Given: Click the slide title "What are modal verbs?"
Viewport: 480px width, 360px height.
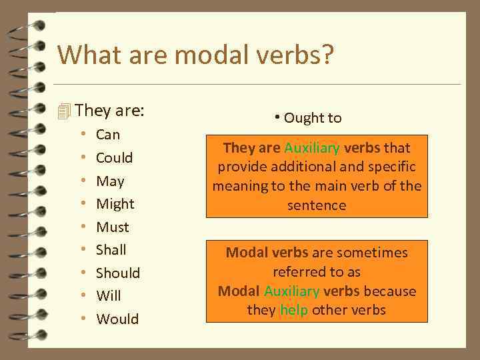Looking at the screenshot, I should point(195,55).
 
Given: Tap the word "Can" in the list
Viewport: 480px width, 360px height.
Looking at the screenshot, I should point(108,135).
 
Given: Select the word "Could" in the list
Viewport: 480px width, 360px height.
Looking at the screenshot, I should point(114,158).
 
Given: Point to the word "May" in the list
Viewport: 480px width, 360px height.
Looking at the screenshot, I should point(110,181).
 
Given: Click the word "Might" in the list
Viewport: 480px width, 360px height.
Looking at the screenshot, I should point(115,204).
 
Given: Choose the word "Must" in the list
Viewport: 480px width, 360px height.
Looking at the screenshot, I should point(112,227).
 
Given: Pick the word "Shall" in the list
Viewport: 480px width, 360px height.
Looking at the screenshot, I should point(111,250).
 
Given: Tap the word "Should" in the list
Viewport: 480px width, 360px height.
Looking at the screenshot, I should point(118,273).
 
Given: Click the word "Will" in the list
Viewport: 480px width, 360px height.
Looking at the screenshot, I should point(108,296).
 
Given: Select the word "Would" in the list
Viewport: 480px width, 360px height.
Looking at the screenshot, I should point(117,319).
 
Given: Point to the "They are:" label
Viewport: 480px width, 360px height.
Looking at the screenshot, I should point(109,110).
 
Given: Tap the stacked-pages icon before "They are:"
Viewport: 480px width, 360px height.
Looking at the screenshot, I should point(64,111).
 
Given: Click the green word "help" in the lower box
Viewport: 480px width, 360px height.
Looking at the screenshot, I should point(294,311).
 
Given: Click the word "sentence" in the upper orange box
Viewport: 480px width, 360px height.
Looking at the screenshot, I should point(317,205).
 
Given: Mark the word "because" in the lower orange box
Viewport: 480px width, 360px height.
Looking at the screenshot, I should point(389,291).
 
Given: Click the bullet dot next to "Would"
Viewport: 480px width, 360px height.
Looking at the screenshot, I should point(83,319).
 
